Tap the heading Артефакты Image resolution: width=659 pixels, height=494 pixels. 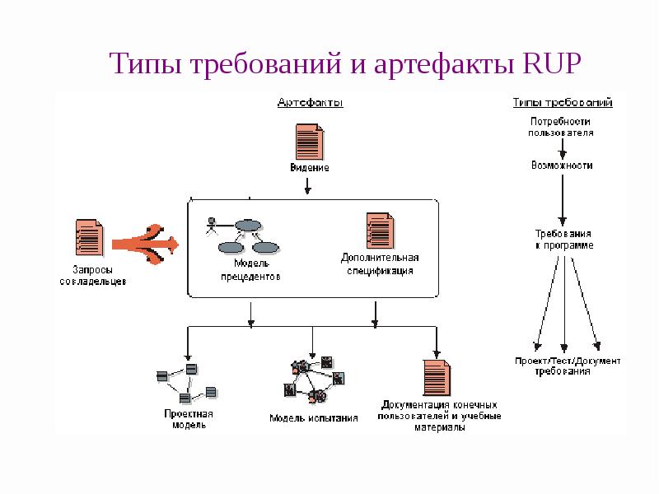310,103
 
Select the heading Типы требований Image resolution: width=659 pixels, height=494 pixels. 562,103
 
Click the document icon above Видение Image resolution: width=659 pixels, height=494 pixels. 308,141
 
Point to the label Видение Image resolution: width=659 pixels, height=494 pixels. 309,168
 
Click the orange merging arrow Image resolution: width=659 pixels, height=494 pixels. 147,241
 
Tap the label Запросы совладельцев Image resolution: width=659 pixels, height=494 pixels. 93,275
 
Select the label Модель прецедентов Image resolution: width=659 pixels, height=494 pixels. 250,270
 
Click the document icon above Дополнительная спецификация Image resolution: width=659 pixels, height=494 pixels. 379,231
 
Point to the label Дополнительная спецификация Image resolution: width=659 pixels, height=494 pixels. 380,263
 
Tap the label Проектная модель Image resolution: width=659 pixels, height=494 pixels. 189,419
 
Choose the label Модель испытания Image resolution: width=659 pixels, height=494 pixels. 314,418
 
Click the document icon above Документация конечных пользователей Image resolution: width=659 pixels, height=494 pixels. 437,378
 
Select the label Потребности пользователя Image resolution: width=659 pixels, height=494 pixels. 561,126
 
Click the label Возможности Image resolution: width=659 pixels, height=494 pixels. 561,165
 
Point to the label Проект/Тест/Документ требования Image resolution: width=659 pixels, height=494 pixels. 568,366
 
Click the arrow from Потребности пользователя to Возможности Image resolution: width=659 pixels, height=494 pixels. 562,148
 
